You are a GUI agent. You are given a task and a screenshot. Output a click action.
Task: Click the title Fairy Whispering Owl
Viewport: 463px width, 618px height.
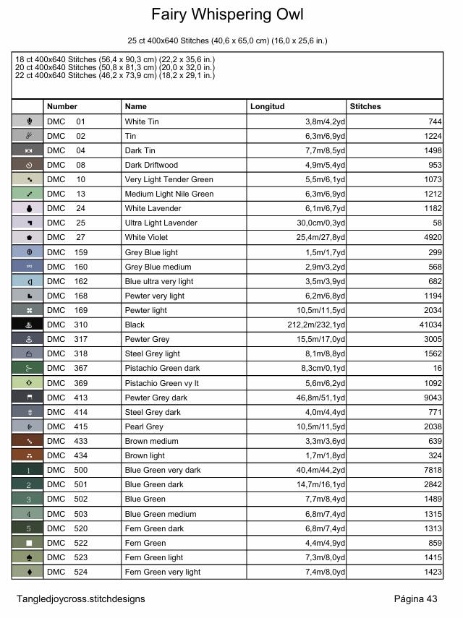point(227,14)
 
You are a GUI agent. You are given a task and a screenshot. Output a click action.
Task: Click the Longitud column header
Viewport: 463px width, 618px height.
point(267,106)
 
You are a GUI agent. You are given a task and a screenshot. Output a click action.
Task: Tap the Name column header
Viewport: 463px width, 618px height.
point(135,106)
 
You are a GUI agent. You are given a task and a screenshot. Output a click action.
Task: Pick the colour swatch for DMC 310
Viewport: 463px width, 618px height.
point(27,325)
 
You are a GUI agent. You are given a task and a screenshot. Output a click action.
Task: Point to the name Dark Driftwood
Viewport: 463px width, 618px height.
point(151,165)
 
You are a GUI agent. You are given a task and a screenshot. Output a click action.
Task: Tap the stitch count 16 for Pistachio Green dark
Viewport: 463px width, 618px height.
point(436,369)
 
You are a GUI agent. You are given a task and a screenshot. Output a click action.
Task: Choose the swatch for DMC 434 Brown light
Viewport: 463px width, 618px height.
point(27,456)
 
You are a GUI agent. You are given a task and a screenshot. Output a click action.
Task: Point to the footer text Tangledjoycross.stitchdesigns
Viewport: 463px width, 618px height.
point(81,598)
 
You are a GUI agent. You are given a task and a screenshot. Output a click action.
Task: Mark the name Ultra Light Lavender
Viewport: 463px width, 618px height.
point(161,223)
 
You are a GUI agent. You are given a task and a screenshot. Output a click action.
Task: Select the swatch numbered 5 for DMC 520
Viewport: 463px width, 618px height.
point(27,528)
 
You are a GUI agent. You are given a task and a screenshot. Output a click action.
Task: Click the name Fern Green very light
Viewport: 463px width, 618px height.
point(163,572)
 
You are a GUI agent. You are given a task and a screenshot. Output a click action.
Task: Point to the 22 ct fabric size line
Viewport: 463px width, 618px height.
point(114,75)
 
